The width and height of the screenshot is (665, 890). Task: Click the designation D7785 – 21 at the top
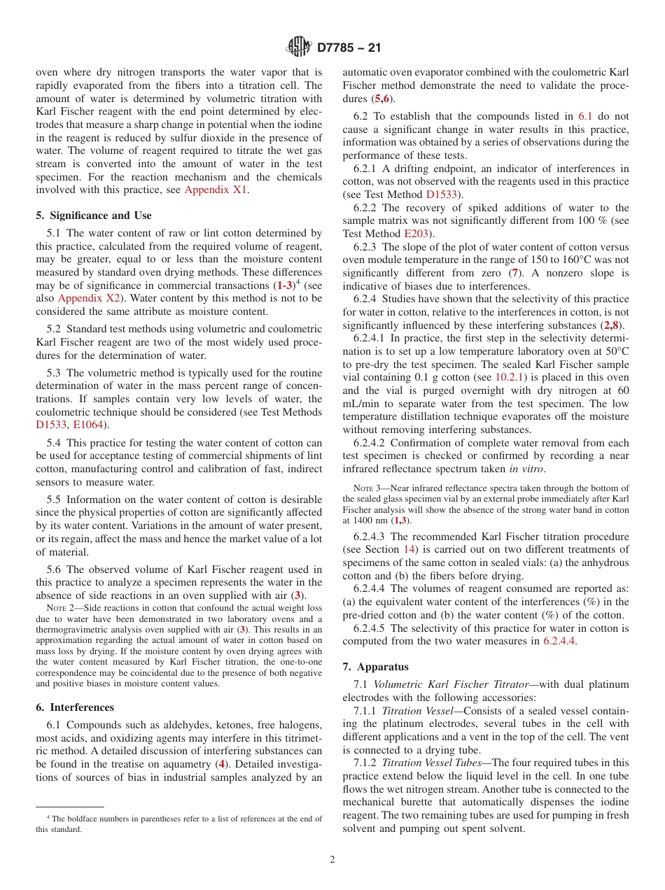click(349, 48)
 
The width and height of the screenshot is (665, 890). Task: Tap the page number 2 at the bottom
click(332, 860)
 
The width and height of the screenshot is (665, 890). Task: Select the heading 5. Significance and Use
click(94, 216)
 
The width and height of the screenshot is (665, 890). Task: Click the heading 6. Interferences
click(75, 707)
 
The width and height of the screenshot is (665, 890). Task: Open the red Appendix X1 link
click(216, 190)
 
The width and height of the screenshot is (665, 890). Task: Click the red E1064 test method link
click(91, 425)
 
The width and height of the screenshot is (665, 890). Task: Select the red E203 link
click(416, 234)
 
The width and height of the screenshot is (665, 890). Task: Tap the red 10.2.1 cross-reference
click(510, 376)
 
